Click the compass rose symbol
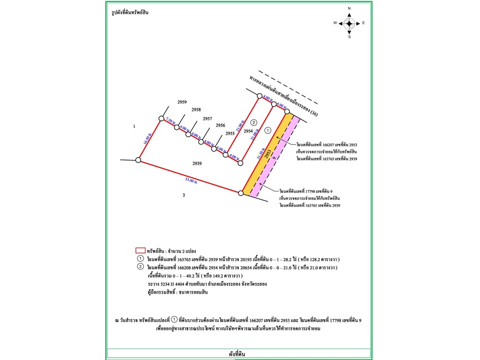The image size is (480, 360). click(x=349, y=23)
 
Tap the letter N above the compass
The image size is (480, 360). click(x=349, y=9)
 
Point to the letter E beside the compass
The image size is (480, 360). click(x=363, y=23)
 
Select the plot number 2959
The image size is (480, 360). click(x=182, y=101)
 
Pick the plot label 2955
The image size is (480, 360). click(x=230, y=133)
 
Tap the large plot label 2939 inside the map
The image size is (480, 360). click(x=197, y=163)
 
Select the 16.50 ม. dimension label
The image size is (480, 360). click(x=147, y=139)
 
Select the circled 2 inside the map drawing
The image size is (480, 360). click(x=253, y=122)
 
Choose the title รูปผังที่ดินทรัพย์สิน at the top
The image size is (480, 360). click(x=130, y=12)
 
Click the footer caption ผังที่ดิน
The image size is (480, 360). click(x=239, y=354)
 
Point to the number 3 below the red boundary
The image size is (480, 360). click(x=183, y=195)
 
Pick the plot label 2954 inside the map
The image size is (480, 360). click(x=248, y=130)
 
